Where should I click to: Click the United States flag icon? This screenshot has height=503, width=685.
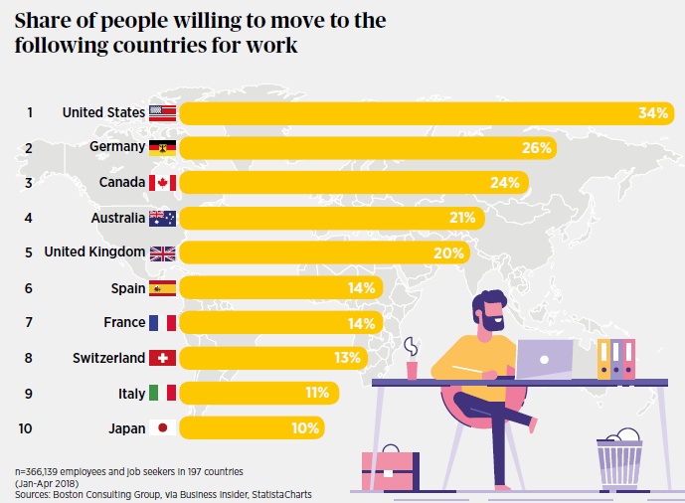pos(162,112)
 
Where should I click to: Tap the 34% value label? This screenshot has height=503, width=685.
pos(652,112)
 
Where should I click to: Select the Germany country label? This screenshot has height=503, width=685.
pos(117,147)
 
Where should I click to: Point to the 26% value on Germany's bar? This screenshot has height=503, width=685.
pos(536,147)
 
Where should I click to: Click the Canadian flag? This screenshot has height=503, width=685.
pos(162,183)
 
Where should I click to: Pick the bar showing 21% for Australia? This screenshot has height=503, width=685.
pos(328,218)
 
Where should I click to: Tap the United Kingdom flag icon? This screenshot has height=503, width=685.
pos(162,252)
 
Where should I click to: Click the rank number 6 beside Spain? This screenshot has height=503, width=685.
pos(30,288)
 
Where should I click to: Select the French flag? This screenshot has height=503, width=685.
pos(162,323)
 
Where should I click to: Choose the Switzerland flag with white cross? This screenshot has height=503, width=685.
pos(162,358)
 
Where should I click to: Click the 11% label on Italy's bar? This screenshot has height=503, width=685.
pos(317,393)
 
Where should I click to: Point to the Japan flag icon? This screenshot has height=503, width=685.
pos(162,428)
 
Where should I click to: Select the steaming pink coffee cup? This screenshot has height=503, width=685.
pos(412,368)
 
